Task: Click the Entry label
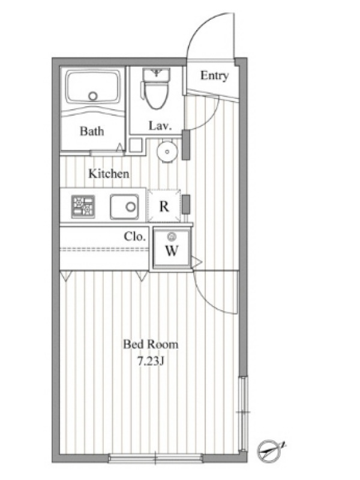pyautogui.click(x=214, y=76)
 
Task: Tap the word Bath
pyautogui.click(x=92, y=131)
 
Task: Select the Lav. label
pyautogui.click(x=160, y=125)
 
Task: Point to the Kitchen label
pyautogui.click(x=109, y=173)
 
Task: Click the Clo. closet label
pyautogui.click(x=134, y=236)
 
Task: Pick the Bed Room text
pyautogui.click(x=151, y=344)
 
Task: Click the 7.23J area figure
pyautogui.click(x=151, y=362)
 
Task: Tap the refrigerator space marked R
pyautogui.click(x=164, y=206)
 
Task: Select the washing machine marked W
pyautogui.click(x=172, y=248)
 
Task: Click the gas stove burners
pyautogui.click(x=83, y=206)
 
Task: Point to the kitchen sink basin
pyautogui.click(x=125, y=206)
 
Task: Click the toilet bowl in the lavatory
pyautogui.click(x=156, y=94)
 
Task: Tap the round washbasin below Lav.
pyautogui.click(x=167, y=151)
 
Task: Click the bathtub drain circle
pyautogui.click(x=93, y=96)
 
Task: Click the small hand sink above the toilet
pyautogui.click(x=157, y=74)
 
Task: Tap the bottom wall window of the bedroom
pyautogui.click(x=155, y=458)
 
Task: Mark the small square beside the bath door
pyautogui.click(x=135, y=145)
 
